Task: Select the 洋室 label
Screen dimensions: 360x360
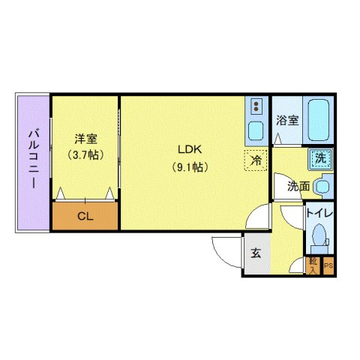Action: [x=84, y=139]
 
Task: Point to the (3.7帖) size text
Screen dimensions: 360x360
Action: [x=84, y=155]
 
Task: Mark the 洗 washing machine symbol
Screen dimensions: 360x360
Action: [x=320, y=158]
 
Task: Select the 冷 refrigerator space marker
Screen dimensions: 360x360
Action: [x=256, y=159]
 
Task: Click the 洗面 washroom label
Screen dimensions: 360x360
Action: [x=298, y=185]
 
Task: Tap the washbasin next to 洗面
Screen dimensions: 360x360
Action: [x=323, y=184]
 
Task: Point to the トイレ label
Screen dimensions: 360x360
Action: [x=319, y=213]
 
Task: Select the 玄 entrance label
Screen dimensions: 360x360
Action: [x=256, y=253]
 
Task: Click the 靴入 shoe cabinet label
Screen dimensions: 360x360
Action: [x=312, y=265]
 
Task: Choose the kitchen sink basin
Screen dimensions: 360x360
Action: [x=255, y=130]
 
